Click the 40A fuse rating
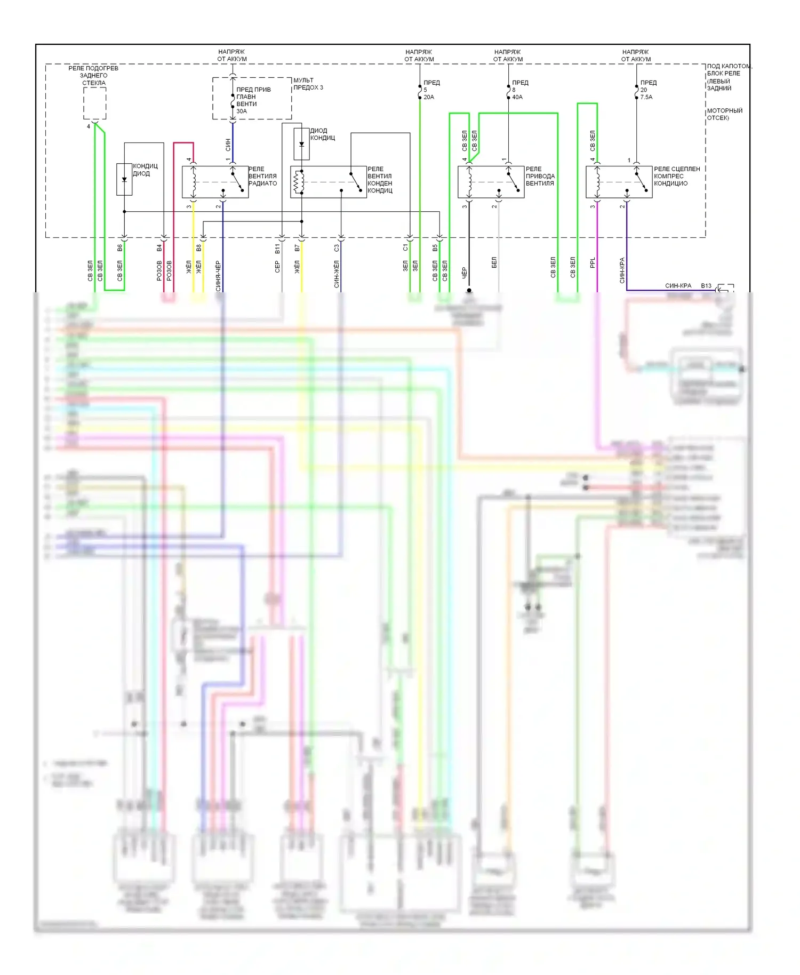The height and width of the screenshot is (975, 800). point(517,97)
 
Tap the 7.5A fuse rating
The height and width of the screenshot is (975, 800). point(646,97)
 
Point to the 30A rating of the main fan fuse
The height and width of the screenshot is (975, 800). point(242,111)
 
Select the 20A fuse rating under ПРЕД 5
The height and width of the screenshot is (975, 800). point(429,97)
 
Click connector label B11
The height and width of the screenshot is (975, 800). point(277,248)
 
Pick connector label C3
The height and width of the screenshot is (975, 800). point(337,248)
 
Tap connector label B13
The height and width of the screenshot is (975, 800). point(706,286)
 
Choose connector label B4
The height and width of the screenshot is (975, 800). point(159,248)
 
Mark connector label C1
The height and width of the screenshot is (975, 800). point(405,248)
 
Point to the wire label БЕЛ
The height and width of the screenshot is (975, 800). point(494,262)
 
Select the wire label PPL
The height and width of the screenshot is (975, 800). point(593,263)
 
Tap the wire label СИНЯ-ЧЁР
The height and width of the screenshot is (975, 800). point(218,276)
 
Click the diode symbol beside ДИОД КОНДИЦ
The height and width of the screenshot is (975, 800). point(301,144)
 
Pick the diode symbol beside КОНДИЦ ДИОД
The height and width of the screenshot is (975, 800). point(124,179)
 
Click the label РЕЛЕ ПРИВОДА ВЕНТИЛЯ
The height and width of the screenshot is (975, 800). point(540,176)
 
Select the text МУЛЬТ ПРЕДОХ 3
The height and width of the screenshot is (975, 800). point(308,84)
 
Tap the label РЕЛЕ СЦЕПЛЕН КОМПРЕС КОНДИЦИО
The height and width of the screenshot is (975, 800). point(677,176)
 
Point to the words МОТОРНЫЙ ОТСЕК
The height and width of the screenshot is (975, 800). point(725,114)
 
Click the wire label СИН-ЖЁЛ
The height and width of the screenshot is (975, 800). point(337,274)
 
